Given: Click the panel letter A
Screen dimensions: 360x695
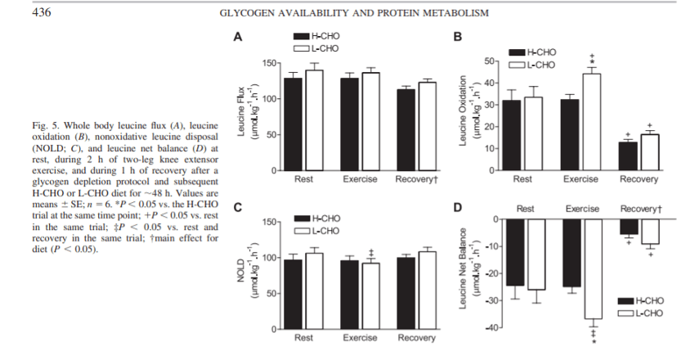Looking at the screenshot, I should [x=238, y=37].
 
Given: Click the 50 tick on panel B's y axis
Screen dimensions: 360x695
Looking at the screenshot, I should [x=490, y=61].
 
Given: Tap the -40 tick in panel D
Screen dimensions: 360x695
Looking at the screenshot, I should [x=490, y=327].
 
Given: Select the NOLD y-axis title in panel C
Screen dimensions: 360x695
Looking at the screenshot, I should [x=244, y=274].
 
